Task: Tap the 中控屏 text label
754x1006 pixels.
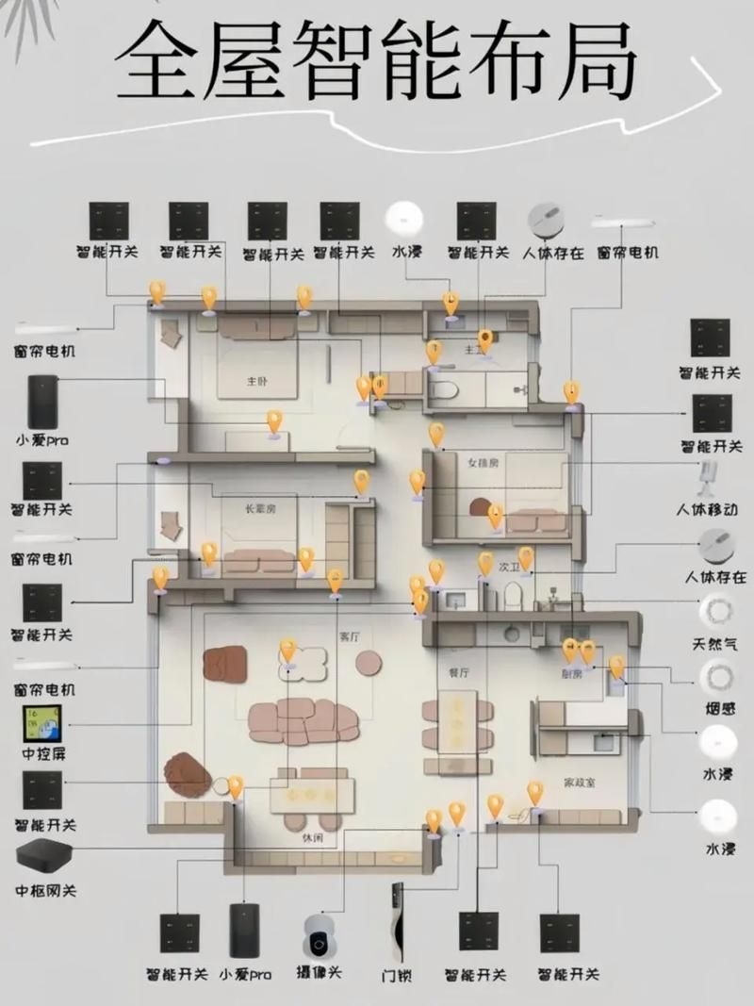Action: (x=41, y=754)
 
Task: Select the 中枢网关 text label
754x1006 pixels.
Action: (x=45, y=890)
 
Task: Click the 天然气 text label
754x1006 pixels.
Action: (x=721, y=645)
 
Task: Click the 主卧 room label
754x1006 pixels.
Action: (x=257, y=381)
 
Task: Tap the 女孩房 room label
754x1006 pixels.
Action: (x=482, y=463)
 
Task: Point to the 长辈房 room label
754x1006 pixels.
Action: (x=260, y=508)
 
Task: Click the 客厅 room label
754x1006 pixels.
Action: (x=350, y=636)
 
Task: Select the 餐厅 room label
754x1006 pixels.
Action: (x=459, y=672)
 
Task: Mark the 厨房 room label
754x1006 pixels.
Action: (x=572, y=674)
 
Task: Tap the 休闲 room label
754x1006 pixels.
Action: (x=312, y=837)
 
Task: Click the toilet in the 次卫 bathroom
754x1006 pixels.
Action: (x=513, y=594)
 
